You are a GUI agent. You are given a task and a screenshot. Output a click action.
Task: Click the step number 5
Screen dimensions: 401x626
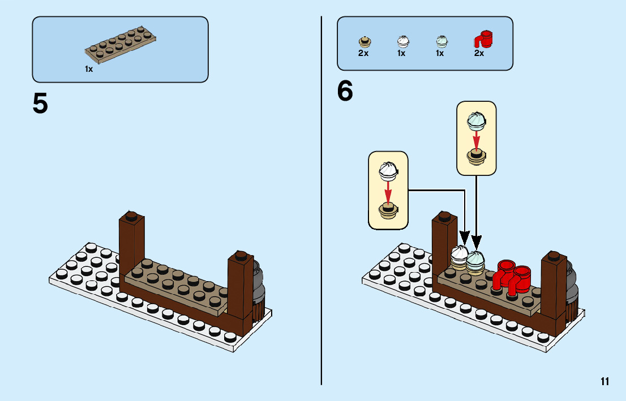pyautogui.click(x=40, y=104)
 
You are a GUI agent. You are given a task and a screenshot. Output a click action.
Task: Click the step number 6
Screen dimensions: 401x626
pyautogui.click(x=345, y=92)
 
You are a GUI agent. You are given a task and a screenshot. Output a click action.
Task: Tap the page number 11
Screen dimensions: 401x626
pyautogui.click(x=605, y=381)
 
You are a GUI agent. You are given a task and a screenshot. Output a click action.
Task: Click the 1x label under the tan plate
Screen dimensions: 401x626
pyautogui.click(x=89, y=69)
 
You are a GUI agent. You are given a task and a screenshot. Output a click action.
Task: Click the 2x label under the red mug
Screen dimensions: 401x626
pyautogui.click(x=479, y=54)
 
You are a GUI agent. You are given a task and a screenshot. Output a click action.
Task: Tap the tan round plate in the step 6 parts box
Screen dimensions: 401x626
pyautogui.click(x=364, y=41)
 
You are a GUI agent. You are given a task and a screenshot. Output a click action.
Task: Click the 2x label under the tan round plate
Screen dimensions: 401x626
pyautogui.click(x=363, y=54)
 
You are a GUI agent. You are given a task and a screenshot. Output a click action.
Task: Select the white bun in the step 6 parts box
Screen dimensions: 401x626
pyautogui.click(x=402, y=41)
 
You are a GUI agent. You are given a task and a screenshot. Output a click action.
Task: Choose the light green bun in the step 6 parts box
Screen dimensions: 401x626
pyautogui.click(x=440, y=41)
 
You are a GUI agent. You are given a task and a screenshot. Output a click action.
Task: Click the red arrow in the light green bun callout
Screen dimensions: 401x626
pyautogui.click(x=477, y=139)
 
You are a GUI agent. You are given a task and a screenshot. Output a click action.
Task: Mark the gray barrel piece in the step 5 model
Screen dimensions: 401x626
pyautogui.click(x=258, y=283)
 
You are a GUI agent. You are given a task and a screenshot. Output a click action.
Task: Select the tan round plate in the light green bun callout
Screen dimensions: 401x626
pyautogui.click(x=477, y=157)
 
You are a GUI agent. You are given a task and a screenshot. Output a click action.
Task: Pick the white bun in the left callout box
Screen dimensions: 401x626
pyautogui.click(x=388, y=168)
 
